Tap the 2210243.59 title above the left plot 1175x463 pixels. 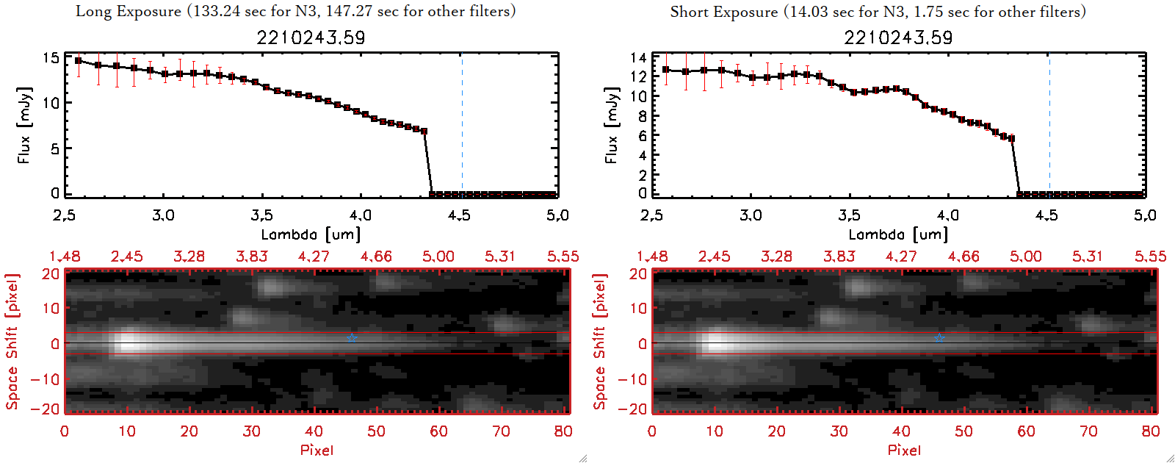tap(311, 37)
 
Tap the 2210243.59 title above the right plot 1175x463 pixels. tap(898, 37)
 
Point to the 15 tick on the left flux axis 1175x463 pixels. tap(51, 57)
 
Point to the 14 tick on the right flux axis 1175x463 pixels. tap(638, 57)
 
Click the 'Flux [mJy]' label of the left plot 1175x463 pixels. tap(25, 125)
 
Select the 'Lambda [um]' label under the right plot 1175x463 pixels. tap(898, 234)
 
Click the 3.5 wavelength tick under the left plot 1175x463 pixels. tap(262, 215)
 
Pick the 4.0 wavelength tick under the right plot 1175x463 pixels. tap(948, 215)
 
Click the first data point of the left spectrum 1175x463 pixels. tap(79, 61)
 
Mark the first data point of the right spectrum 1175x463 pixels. tap(666, 70)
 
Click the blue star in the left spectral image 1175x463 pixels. tap(352, 338)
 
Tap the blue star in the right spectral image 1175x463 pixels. tap(939, 338)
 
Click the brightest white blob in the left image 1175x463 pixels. tap(128, 342)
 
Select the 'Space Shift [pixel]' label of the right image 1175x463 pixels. tap(600, 342)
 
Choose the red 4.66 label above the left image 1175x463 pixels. tap(376, 256)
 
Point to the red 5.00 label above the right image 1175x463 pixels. tap(1026, 256)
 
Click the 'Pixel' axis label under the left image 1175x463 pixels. tap(317, 450)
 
